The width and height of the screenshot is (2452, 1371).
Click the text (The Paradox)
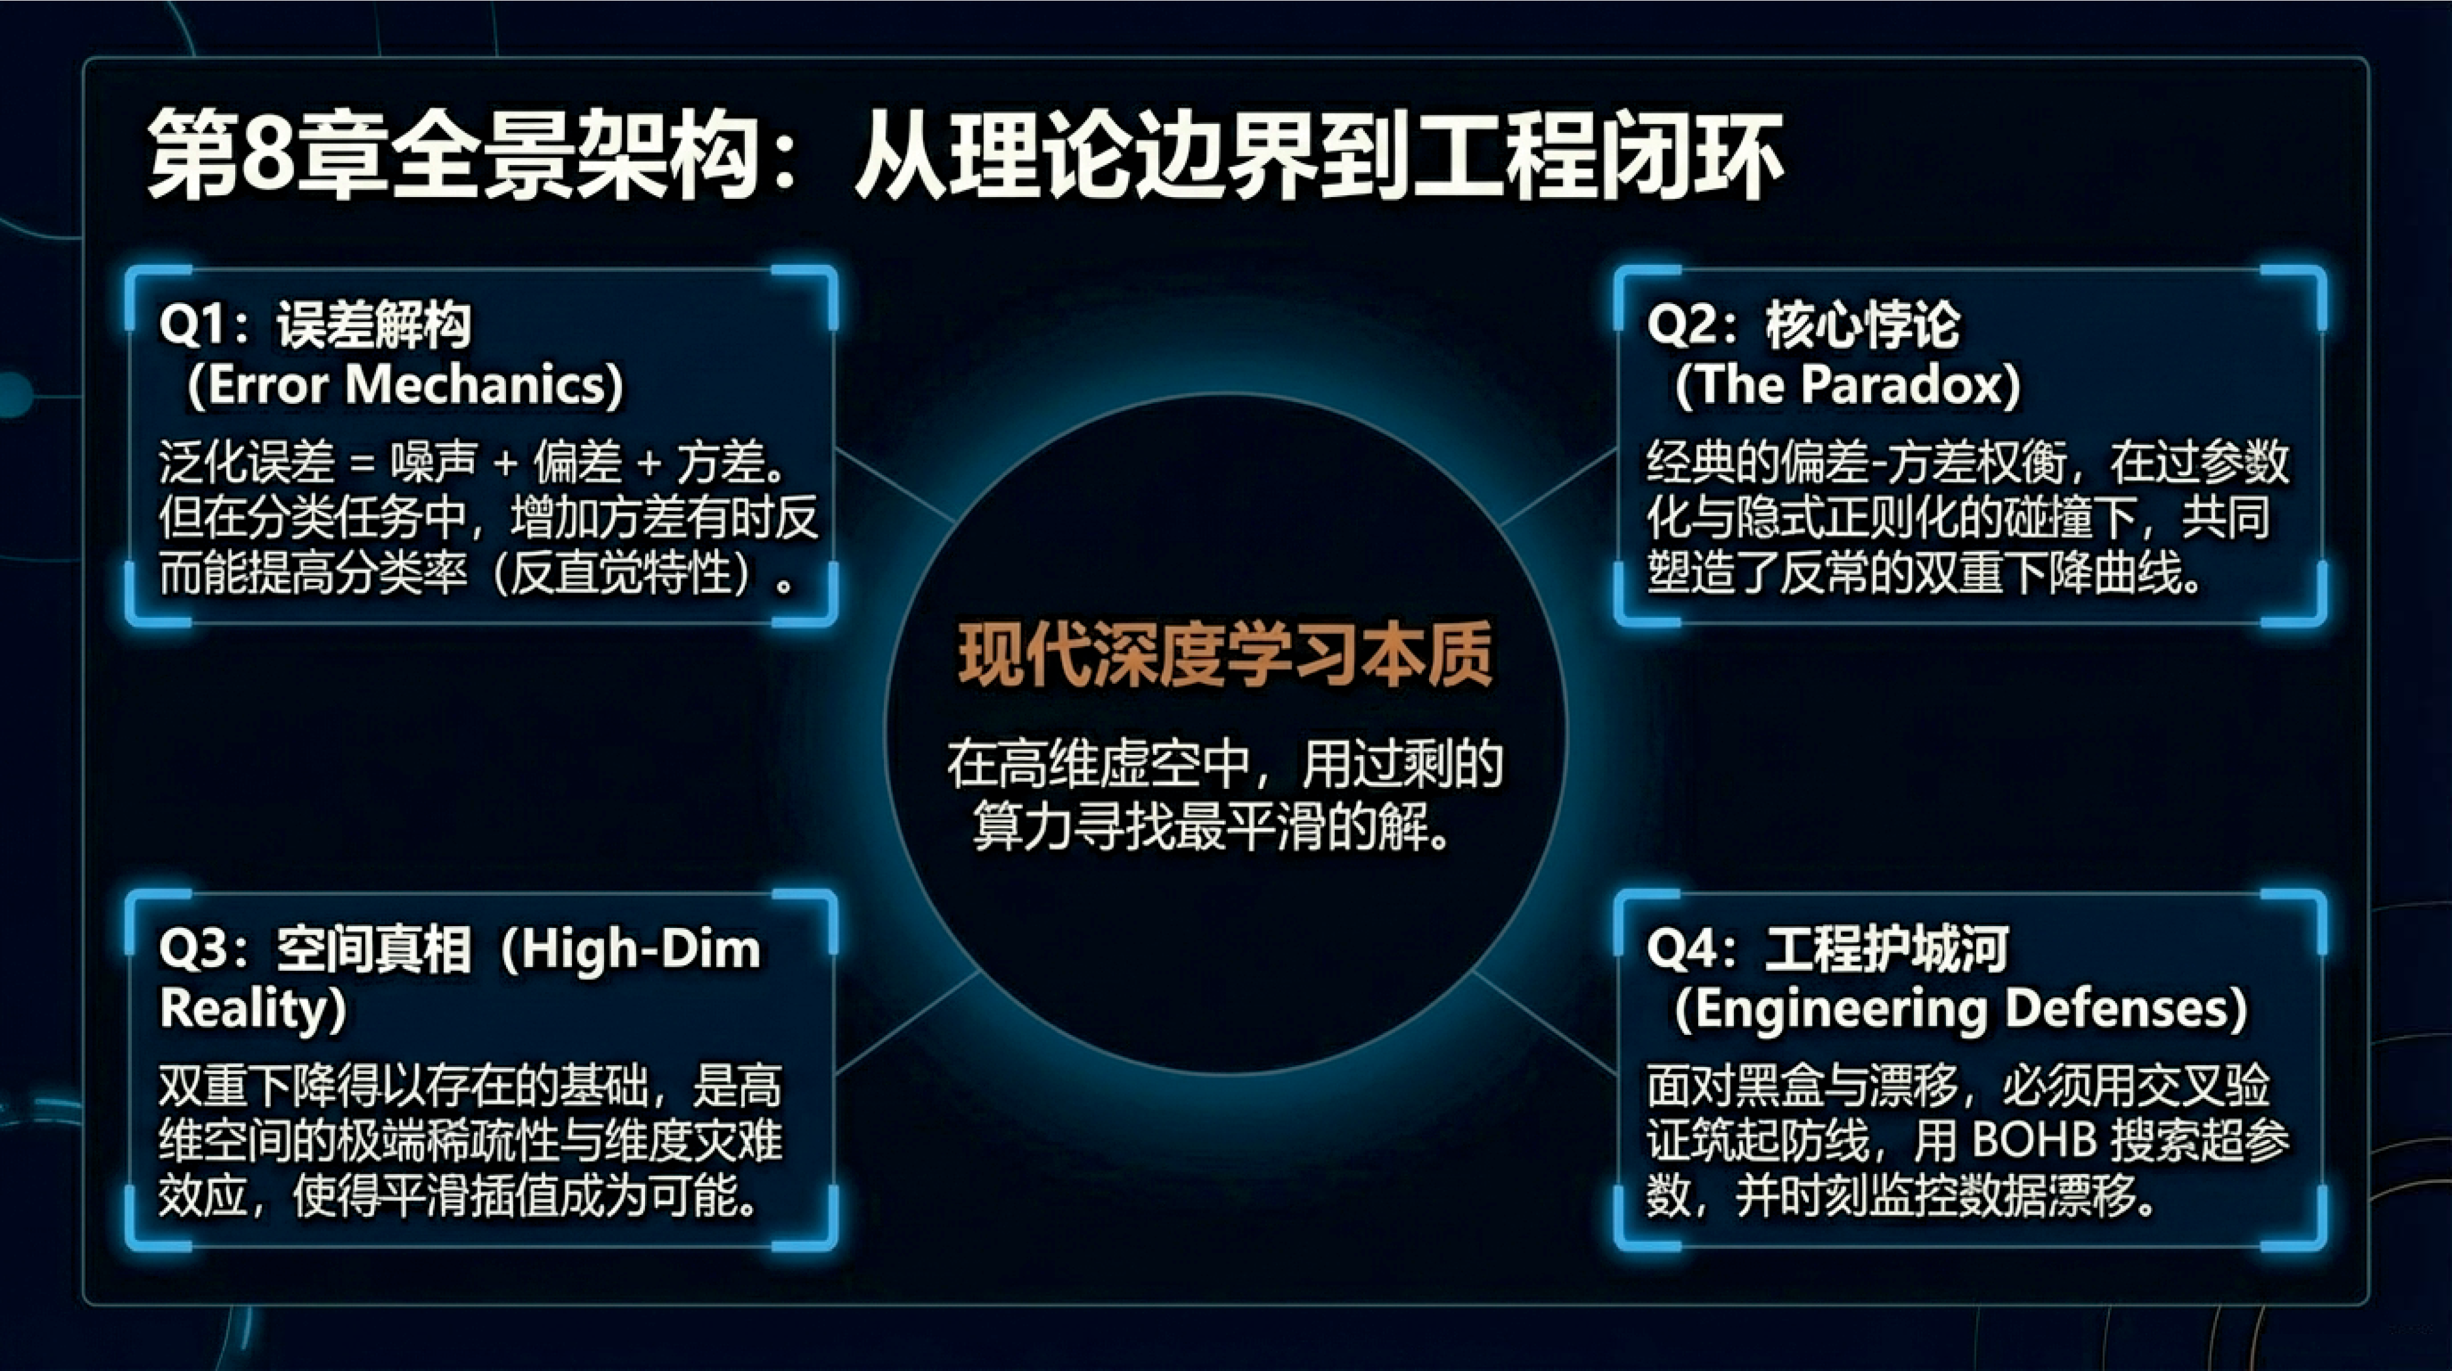click(1847, 386)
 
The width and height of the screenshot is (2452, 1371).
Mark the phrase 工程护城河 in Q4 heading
click(1887, 950)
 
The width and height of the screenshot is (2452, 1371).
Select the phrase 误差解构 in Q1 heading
click(374, 326)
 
